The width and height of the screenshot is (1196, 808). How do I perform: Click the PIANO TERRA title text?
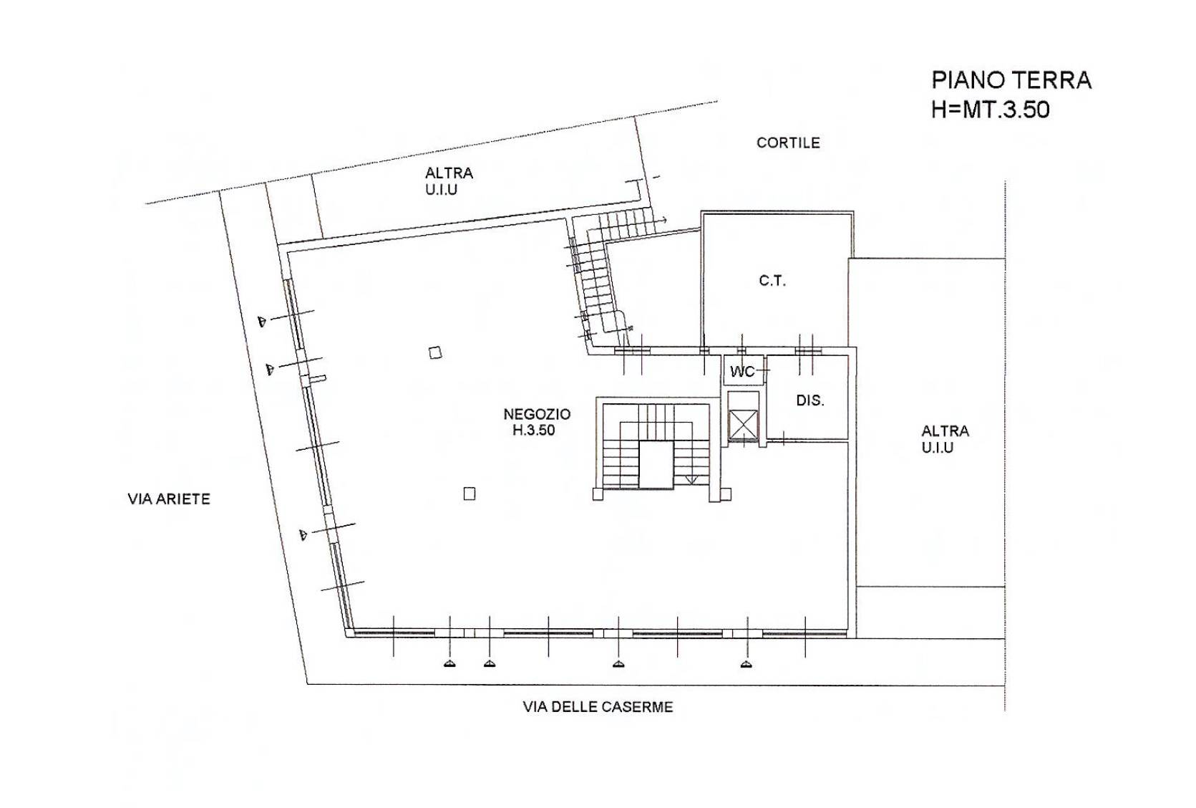[x=1011, y=81]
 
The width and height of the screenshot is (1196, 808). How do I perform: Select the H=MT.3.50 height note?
[x=991, y=110]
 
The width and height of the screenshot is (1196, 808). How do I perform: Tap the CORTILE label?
[x=788, y=143]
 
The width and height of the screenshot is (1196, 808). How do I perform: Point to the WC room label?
[x=743, y=371]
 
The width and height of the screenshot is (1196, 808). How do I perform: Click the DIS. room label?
[x=810, y=400]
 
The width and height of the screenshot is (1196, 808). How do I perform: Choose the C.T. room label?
[x=772, y=281]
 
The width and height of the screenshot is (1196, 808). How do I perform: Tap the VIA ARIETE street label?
[x=169, y=499]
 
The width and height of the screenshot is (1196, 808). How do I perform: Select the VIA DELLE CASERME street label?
[x=598, y=707]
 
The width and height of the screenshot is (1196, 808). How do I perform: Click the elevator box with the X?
[x=743, y=425]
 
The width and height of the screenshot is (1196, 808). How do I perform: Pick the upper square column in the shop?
[x=435, y=352]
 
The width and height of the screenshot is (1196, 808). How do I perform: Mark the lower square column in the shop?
[x=470, y=494]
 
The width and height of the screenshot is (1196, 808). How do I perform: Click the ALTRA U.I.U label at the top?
[x=449, y=181]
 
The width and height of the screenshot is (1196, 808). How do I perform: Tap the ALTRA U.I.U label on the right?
[x=945, y=438]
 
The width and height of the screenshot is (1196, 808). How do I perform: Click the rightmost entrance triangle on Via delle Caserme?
[x=747, y=664]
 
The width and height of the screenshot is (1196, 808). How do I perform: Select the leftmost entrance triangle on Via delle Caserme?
[x=449, y=664]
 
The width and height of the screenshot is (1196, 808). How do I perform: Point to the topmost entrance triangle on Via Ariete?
[x=262, y=321]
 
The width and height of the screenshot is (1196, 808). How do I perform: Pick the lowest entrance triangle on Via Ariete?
[x=303, y=534]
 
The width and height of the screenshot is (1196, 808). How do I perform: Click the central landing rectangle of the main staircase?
[x=656, y=464]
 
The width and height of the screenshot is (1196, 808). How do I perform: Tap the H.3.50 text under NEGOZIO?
[x=534, y=431]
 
